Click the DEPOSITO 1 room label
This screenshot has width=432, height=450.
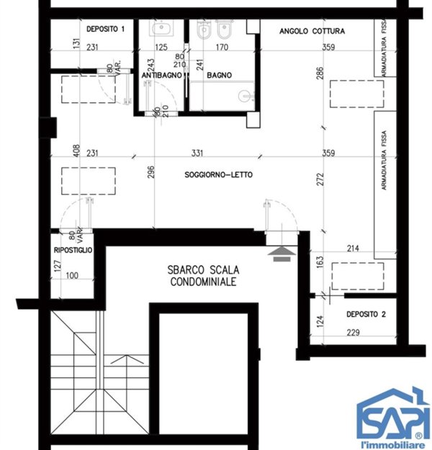pyautogui.click(x=105, y=29)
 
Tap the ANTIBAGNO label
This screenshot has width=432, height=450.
pyautogui.click(x=161, y=75)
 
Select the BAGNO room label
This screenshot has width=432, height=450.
pyautogui.click(x=220, y=75)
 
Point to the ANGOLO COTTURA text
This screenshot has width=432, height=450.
pyautogui.click(x=312, y=31)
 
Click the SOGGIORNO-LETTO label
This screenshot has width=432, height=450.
pyautogui.click(x=218, y=174)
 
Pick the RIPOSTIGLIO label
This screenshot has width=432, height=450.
pyautogui.click(x=73, y=250)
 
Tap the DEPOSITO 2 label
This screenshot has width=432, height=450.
pyautogui.click(x=366, y=314)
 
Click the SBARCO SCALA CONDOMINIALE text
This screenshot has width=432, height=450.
pyautogui.click(x=203, y=276)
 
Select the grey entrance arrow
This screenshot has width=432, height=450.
pyautogui.click(x=282, y=253)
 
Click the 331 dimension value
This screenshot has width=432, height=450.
pyautogui.click(x=197, y=153)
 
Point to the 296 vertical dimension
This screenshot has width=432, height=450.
pyautogui.click(x=151, y=172)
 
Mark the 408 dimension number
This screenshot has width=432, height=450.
pyautogui.click(x=76, y=150)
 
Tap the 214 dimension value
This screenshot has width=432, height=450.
pyautogui.click(x=353, y=248)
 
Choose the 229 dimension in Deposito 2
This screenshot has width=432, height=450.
pyautogui.click(x=353, y=333)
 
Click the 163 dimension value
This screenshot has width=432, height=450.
pyautogui.click(x=320, y=262)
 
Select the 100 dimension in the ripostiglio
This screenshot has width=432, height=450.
pyautogui.click(x=72, y=276)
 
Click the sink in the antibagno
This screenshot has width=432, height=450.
pyautogui.click(x=161, y=28)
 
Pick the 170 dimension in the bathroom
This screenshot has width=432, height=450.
pyautogui.click(x=222, y=47)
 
